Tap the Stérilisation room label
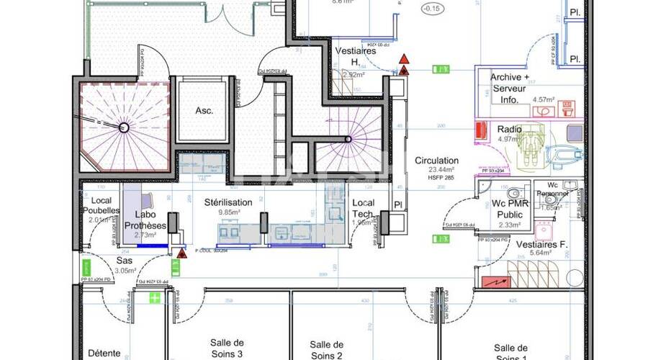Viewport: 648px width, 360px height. pyautogui.click(x=228, y=203)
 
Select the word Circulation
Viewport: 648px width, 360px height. pyautogui.click(x=436, y=161)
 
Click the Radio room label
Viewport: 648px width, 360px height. pyautogui.click(x=509, y=129)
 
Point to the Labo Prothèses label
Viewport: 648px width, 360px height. pyautogui.click(x=146, y=220)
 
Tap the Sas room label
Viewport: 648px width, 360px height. pyautogui.click(x=125, y=261)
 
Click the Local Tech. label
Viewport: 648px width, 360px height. pyautogui.click(x=363, y=209)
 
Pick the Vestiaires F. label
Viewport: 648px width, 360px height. pyautogui.click(x=542, y=245)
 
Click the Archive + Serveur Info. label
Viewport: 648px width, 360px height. pyautogui.click(x=510, y=88)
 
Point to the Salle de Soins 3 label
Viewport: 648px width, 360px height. pyautogui.click(x=227, y=348)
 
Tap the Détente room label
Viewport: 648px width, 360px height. pyautogui.click(x=104, y=353)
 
